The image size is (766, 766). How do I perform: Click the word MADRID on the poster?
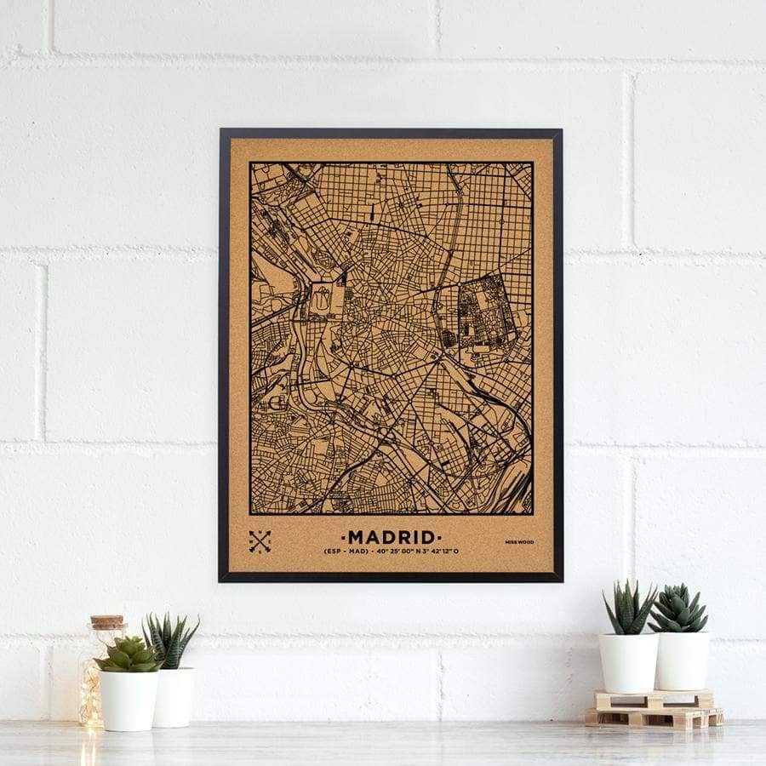click(392, 537)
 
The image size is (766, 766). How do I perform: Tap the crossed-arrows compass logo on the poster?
click(260, 541)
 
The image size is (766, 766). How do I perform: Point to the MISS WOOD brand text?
click(519, 542)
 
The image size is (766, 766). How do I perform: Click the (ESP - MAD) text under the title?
click(346, 552)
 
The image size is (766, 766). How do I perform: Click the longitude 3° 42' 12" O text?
click(439, 552)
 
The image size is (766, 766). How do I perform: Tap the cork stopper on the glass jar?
click(107, 623)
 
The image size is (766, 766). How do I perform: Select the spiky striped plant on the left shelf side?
click(170, 640)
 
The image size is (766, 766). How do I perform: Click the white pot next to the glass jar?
click(129, 700)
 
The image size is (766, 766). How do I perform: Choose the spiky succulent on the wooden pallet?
click(630, 609)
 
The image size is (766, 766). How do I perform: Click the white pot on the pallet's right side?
click(682, 660)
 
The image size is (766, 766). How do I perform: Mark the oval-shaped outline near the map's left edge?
click(321, 299)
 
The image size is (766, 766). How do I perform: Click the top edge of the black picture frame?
click(391, 133)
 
